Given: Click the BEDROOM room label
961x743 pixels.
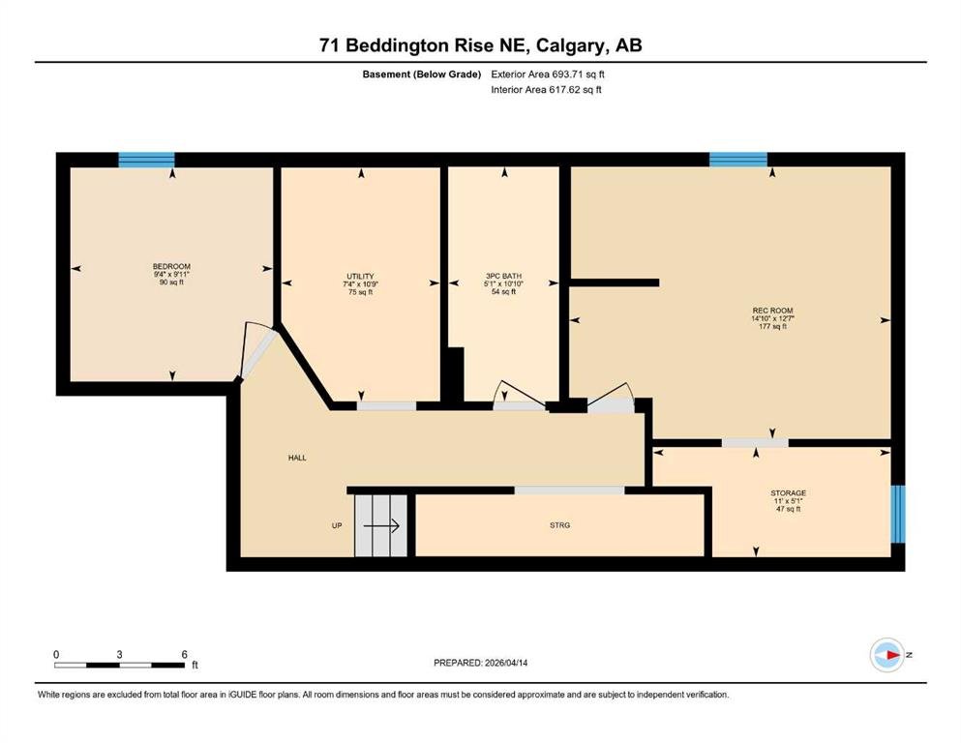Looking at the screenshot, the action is point(171,266).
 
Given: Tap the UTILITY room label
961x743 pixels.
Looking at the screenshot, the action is point(360,277).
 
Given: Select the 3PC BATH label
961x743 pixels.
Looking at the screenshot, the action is point(504,277).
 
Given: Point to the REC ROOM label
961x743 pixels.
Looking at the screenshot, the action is point(772,311).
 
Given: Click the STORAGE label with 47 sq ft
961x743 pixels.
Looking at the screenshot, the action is point(788,493).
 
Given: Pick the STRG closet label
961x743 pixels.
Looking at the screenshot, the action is point(560,525).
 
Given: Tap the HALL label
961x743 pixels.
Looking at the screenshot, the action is point(297,458).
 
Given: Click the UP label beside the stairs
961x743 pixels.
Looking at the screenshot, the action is point(337,525).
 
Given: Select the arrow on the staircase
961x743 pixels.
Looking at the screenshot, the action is point(381,525).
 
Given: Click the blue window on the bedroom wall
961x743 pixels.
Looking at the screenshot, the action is point(146,160).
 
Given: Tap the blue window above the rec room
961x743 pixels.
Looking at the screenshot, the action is point(738,160).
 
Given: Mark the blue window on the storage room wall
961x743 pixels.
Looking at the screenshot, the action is point(898,515).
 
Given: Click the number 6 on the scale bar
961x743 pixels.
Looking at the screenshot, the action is point(185,654).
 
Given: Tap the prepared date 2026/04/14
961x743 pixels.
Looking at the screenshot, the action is point(506,663).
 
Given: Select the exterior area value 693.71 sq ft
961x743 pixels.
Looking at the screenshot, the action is point(579,74).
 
